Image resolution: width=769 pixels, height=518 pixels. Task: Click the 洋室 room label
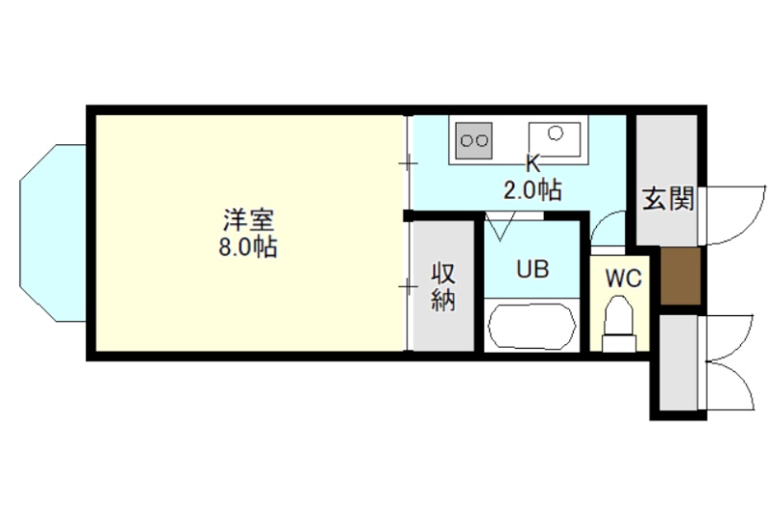click(248, 220)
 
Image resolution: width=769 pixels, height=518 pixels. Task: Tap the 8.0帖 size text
click(248, 248)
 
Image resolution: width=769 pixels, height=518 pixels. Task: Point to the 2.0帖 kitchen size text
click(533, 190)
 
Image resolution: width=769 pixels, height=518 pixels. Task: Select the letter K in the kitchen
click(533, 163)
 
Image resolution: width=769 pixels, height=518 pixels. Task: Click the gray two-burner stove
click(474, 140)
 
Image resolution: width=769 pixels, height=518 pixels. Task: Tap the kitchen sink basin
click(555, 139)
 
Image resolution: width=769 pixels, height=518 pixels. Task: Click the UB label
click(533, 269)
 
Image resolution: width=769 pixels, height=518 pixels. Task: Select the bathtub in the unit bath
click(533, 327)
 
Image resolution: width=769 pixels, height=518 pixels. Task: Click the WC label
click(623, 279)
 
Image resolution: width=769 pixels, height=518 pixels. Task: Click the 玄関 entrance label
click(668, 199)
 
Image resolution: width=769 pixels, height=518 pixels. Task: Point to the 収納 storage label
click(443, 287)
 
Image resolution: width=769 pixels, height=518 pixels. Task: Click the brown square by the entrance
click(680, 276)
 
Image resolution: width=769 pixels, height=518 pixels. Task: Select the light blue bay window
click(53, 233)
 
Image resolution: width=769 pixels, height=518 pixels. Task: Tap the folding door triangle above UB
click(500, 226)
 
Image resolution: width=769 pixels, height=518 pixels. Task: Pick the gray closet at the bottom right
click(678, 362)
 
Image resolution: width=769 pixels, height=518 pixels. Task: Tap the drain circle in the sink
click(556, 133)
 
